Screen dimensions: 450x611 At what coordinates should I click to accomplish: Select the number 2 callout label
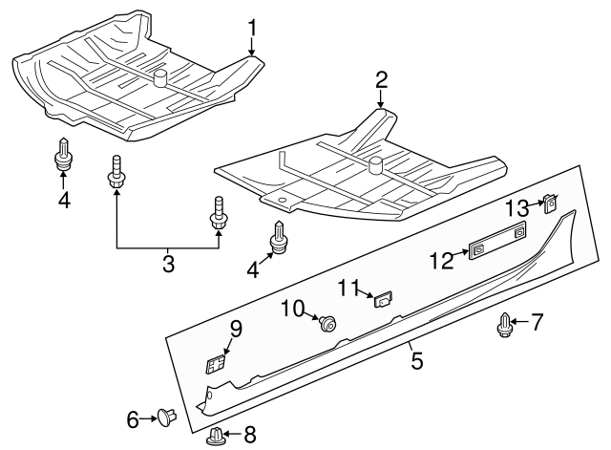click(381, 79)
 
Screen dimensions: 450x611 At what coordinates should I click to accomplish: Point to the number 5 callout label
click(416, 360)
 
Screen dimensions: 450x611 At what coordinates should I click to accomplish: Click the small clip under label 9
click(217, 363)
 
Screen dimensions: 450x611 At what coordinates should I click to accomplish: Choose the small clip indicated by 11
click(384, 299)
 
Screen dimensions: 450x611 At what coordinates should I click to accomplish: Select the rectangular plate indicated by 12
click(496, 241)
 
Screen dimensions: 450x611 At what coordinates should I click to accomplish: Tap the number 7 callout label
click(537, 323)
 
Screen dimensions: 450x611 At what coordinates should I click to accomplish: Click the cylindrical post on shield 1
click(160, 77)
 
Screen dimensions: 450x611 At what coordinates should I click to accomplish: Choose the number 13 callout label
click(516, 208)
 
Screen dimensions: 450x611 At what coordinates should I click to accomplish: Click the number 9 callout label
click(235, 330)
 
